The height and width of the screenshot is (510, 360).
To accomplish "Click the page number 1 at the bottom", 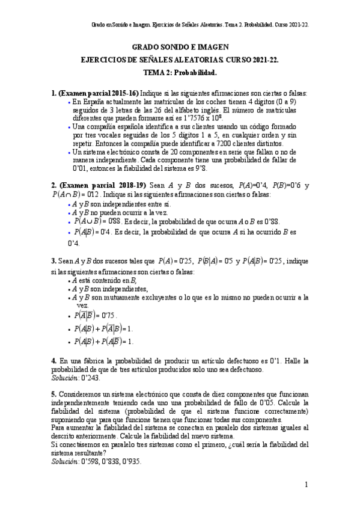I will (306, 485).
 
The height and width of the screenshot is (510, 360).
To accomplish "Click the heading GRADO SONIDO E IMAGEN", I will (180, 46).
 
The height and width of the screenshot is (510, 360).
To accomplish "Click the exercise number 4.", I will (54, 361).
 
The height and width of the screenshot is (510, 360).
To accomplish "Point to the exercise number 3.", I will (54, 262).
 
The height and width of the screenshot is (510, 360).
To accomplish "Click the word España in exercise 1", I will (93, 102).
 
